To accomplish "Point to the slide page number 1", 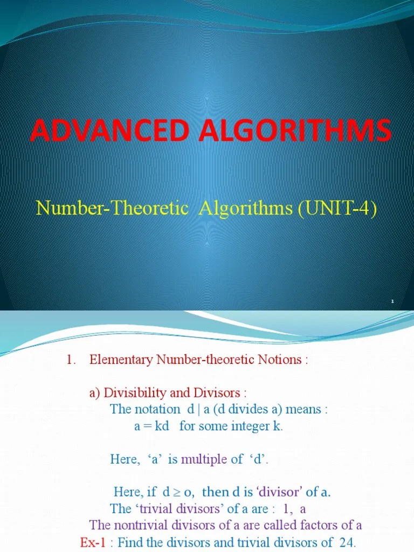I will [x=393, y=301].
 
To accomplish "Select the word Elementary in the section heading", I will [x=122, y=360].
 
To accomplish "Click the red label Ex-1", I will [x=93, y=542].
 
